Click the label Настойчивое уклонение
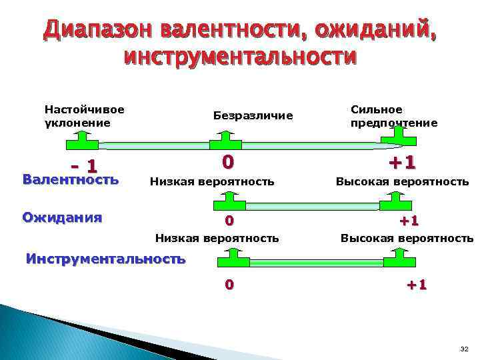(85, 115)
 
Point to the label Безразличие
(253, 116)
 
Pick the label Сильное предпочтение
(393, 116)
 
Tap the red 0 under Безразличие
(227, 162)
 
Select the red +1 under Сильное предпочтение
(402, 162)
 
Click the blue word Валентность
(70, 179)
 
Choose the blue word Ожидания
(62, 217)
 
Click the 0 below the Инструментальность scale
(229, 285)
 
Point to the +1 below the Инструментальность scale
(417, 285)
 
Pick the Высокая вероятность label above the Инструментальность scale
(407, 238)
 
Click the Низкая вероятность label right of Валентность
(212, 181)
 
